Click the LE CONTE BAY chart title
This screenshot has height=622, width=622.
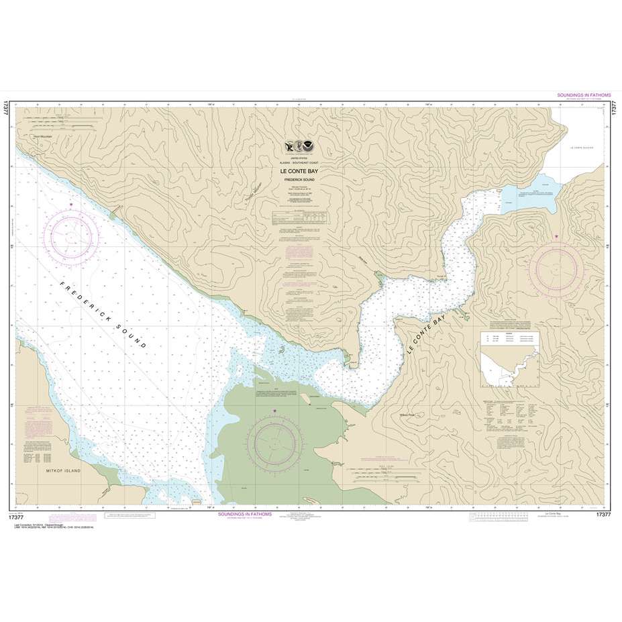(x=295, y=171)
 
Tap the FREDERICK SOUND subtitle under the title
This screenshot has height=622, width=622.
(x=295, y=180)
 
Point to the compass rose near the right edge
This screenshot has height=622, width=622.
(x=557, y=267)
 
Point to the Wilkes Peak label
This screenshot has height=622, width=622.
(x=407, y=414)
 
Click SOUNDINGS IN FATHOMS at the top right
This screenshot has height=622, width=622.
(x=583, y=96)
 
